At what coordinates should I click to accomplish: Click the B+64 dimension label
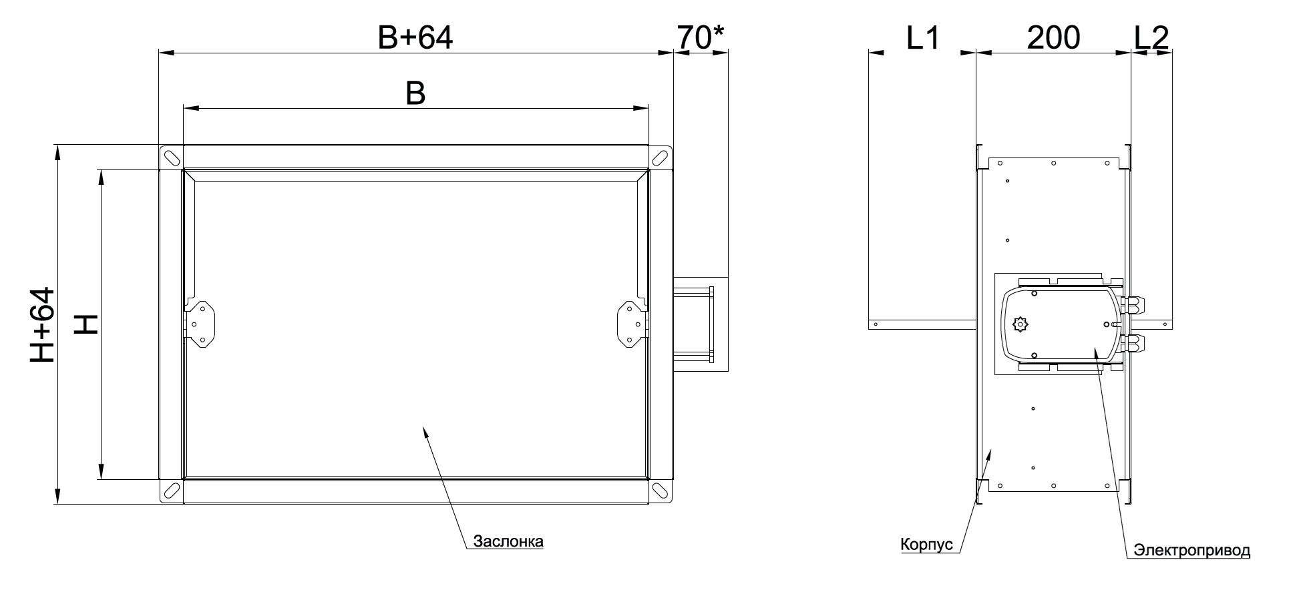point(415,38)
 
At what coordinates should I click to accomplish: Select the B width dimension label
point(415,94)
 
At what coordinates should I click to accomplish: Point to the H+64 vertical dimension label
point(41,325)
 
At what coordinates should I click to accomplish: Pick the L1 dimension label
point(922,38)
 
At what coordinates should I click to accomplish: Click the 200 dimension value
point(1053,38)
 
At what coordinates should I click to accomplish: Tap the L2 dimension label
point(1151,38)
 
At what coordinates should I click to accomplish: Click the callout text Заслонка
point(508,541)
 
